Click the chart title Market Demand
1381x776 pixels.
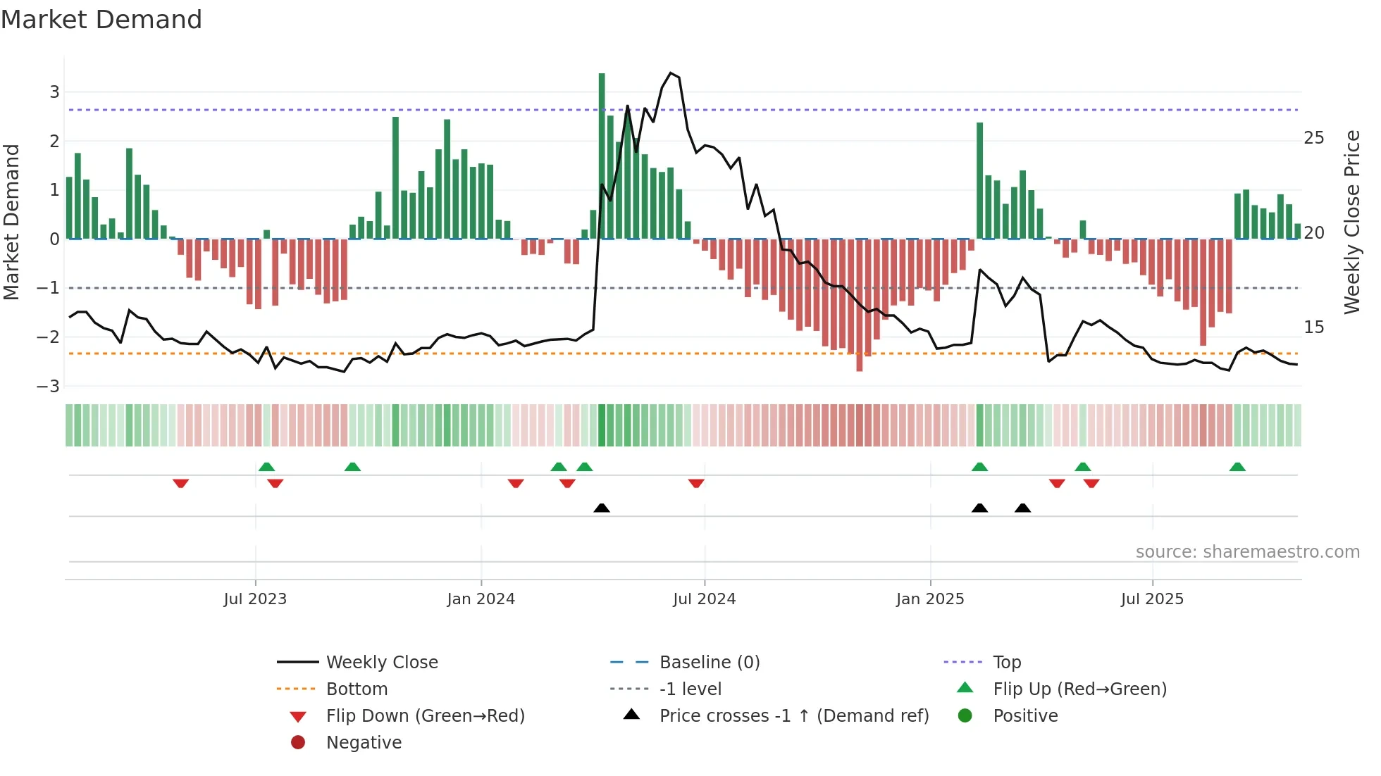point(101,20)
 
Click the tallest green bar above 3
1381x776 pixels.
point(602,155)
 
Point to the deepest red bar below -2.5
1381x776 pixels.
point(859,305)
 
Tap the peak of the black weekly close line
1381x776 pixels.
point(670,73)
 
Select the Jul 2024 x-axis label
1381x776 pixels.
point(704,599)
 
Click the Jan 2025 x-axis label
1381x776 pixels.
point(930,599)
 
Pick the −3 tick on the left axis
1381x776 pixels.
point(48,387)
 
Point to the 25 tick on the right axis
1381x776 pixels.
point(1314,138)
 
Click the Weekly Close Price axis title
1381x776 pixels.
point(1351,222)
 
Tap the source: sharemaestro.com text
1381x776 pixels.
point(1247,552)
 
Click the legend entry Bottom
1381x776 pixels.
point(357,689)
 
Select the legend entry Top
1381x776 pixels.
point(1007,663)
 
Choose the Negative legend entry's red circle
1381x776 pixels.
point(298,743)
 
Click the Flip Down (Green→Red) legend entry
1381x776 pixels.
point(425,716)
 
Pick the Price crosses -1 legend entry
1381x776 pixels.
point(793,716)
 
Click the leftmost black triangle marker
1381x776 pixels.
point(602,508)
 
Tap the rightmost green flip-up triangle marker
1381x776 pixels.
point(1237,467)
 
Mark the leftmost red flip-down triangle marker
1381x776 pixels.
point(180,483)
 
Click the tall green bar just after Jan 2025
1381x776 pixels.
point(979,181)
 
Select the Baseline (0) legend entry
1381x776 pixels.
point(709,663)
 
